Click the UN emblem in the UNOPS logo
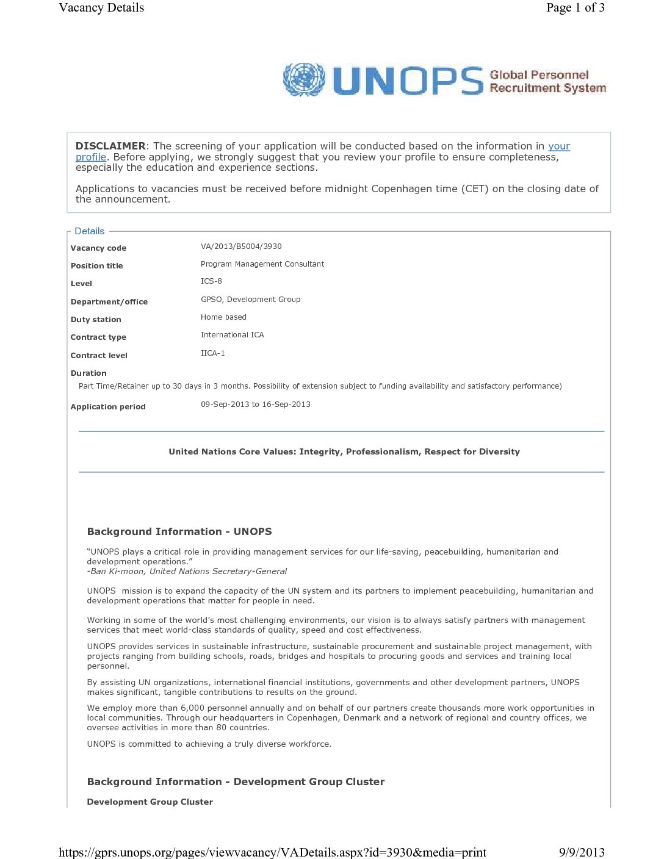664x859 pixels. coord(304,79)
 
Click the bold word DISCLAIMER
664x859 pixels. coord(110,146)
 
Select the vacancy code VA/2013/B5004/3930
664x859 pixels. coord(241,246)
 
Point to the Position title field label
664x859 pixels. coord(96,266)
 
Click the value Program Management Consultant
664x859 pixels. coord(262,264)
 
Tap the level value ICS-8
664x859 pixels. coord(211,281)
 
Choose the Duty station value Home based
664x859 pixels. coord(223,317)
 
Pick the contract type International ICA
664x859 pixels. coord(232,335)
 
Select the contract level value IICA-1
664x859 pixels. coord(212,353)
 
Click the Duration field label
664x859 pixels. coord(88,373)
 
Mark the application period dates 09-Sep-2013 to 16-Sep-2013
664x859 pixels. coord(255,404)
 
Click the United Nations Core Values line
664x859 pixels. coord(344,451)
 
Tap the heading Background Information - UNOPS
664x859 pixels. coord(179,531)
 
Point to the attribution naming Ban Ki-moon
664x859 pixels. coord(187,572)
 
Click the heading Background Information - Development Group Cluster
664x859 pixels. coord(236,782)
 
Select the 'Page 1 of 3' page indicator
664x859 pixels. coord(575,8)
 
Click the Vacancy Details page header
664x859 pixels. coord(101,8)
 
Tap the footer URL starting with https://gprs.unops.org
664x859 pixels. coord(272,852)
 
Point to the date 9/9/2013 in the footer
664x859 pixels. coord(582,852)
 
